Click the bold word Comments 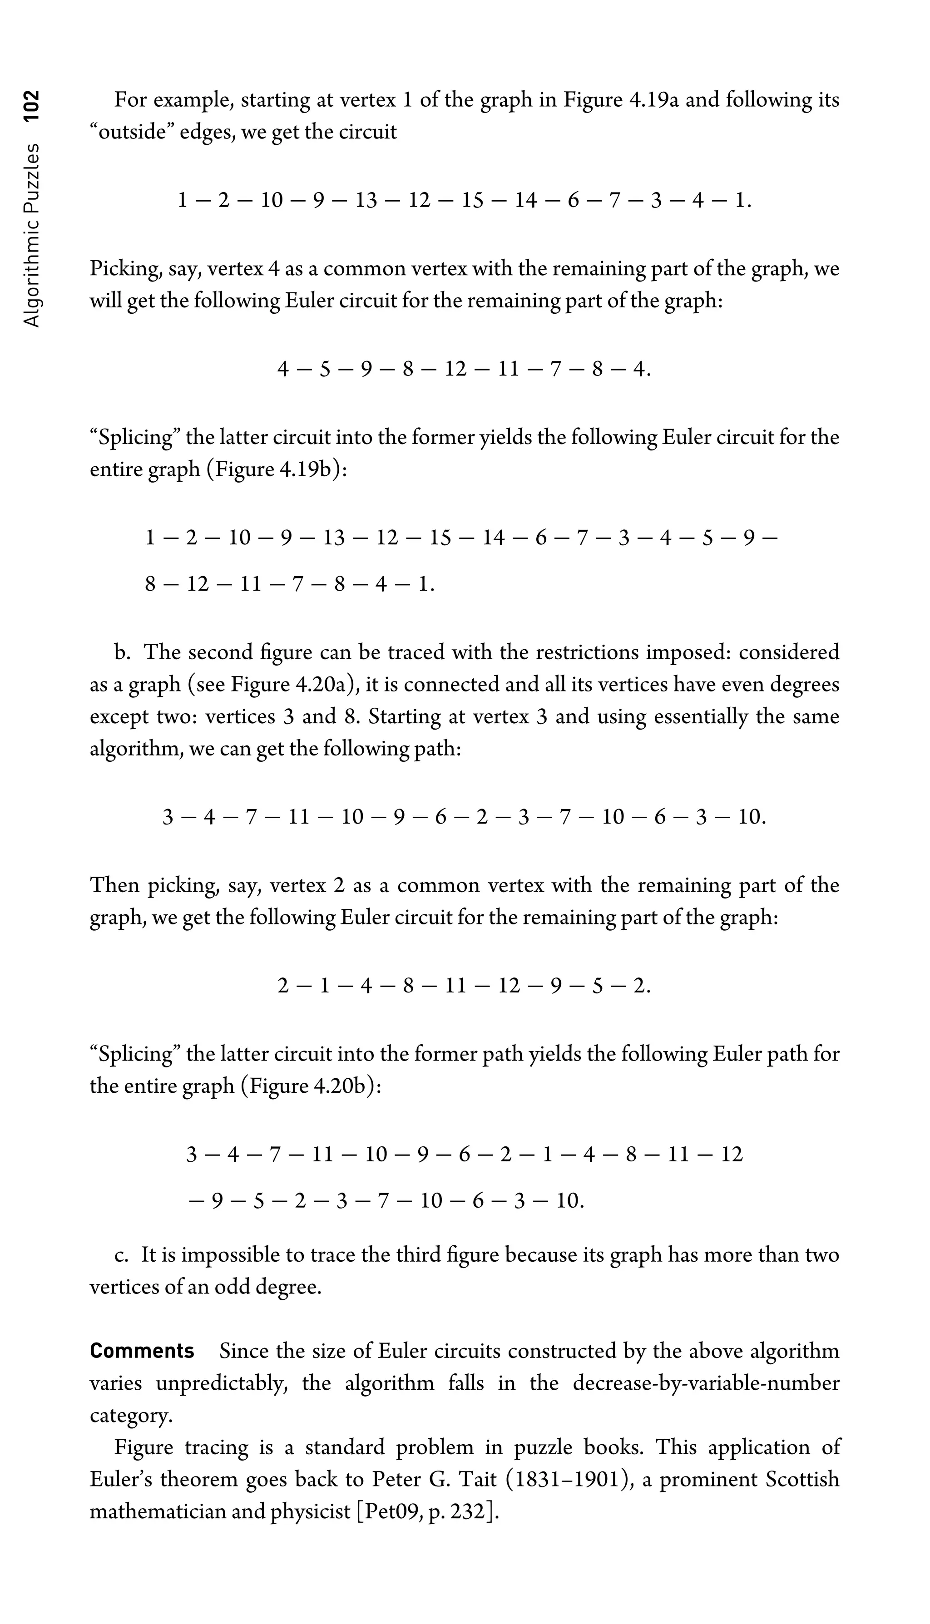pyautogui.click(x=142, y=1351)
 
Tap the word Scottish pyautogui.click(x=801, y=1479)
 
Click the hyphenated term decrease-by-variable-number pyautogui.click(x=706, y=1383)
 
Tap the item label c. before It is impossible pyautogui.click(x=121, y=1255)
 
